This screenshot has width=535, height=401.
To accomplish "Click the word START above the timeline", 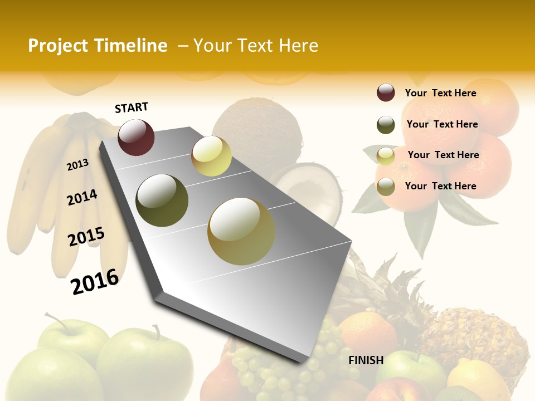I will (x=132, y=107).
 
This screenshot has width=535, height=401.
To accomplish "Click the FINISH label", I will (x=366, y=360).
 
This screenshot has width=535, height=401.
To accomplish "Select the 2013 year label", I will (x=77, y=164).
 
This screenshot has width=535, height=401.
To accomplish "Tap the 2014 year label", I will (x=82, y=197).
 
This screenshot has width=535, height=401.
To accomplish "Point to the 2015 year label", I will (x=86, y=237).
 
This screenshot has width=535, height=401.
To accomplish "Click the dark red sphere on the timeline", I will (x=136, y=137).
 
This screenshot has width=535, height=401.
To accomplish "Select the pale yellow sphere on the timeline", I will (x=211, y=156).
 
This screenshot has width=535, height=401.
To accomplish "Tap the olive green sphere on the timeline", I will (x=162, y=200).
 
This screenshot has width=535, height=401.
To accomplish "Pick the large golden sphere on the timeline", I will (x=241, y=231).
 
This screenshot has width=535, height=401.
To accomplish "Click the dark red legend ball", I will (x=386, y=92).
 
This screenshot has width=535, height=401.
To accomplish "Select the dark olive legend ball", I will (x=386, y=125).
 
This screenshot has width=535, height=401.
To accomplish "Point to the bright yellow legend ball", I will (x=386, y=156).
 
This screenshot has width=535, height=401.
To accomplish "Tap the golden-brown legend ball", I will (x=386, y=187).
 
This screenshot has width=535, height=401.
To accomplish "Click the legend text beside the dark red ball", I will (x=440, y=93).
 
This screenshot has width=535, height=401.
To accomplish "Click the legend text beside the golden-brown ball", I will (x=440, y=186).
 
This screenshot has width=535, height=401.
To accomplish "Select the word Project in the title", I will (x=57, y=46).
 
